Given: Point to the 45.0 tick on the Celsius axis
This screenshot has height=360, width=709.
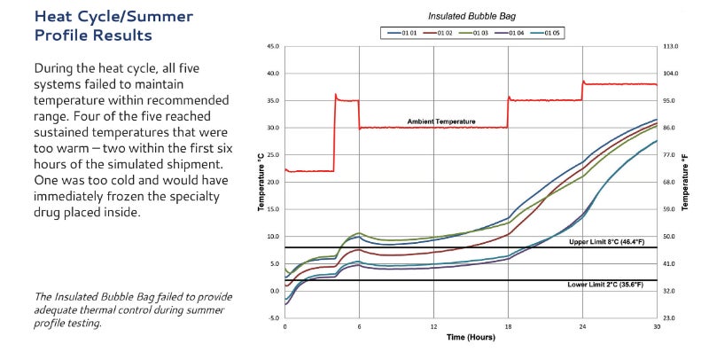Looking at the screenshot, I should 273,46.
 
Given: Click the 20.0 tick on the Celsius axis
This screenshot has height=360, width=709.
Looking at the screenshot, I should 273,183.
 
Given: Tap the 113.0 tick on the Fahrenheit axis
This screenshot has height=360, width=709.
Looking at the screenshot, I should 671,46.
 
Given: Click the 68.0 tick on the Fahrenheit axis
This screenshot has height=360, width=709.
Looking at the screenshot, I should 671,183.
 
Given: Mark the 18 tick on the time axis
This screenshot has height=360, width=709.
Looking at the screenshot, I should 508,327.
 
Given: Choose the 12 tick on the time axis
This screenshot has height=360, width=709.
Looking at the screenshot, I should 433,327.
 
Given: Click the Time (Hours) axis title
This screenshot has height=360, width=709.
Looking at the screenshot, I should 471,339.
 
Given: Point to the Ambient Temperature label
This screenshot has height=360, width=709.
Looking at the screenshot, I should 441,121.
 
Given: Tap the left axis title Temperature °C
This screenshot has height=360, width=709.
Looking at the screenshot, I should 261,182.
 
